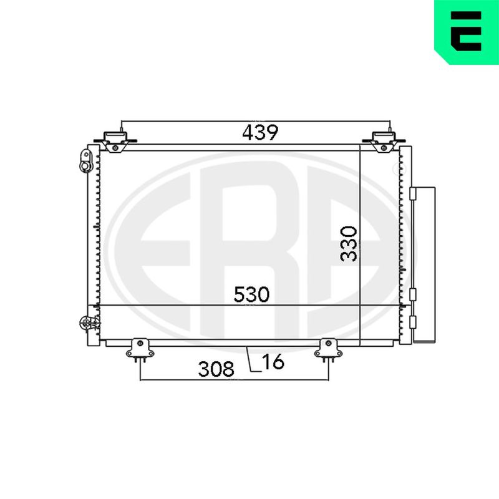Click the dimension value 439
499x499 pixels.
(x=260, y=132)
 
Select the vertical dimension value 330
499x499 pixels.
(x=349, y=244)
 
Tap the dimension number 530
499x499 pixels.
(x=251, y=294)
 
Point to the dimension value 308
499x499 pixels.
(x=216, y=369)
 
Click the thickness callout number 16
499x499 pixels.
(x=273, y=362)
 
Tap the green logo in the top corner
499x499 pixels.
(x=467, y=32)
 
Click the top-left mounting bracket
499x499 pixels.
(x=115, y=142)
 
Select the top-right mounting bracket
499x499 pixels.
(x=384, y=142)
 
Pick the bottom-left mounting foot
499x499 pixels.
(x=140, y=350)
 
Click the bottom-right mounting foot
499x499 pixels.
(x=329, y=350)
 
